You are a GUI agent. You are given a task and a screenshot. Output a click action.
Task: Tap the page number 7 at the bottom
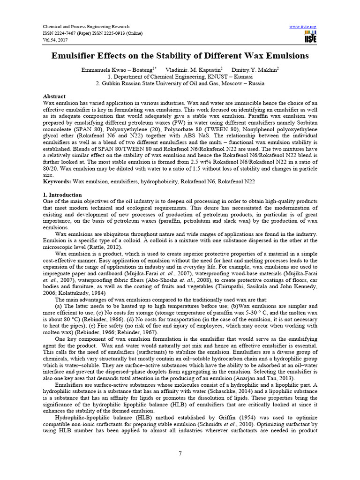pyautogui.click(x=180, y=452)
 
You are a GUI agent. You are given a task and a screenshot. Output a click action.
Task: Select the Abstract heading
pyautogui.click(x=54, y=96)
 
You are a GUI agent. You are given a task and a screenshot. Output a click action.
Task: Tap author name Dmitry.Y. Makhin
pyautogui.click(x=254, y=69)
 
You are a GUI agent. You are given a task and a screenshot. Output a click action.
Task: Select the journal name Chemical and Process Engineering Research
pyautogui.click(x=86, y=27)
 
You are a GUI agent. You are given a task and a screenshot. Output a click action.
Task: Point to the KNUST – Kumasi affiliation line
pyautogui.click(x=180, y=76)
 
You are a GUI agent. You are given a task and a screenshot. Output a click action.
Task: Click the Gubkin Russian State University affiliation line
pyautogui.click(x=180, y=83)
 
